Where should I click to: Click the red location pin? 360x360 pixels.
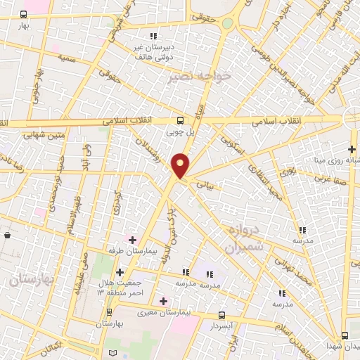(181, 164)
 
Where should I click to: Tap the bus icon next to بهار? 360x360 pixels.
(24, 14)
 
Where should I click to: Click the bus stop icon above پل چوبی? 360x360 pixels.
(181, 120)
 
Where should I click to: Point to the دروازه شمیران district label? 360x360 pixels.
(243, 240)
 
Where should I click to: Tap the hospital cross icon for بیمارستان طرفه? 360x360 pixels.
(132, 239)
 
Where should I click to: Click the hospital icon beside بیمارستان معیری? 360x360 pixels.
(164, 301)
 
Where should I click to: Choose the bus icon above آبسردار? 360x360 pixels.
(222, 315)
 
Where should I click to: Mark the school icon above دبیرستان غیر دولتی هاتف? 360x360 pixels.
(153, 36)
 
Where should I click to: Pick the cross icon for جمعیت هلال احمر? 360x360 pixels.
(120, 272)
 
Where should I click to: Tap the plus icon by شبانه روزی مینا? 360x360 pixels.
(352, 148)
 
